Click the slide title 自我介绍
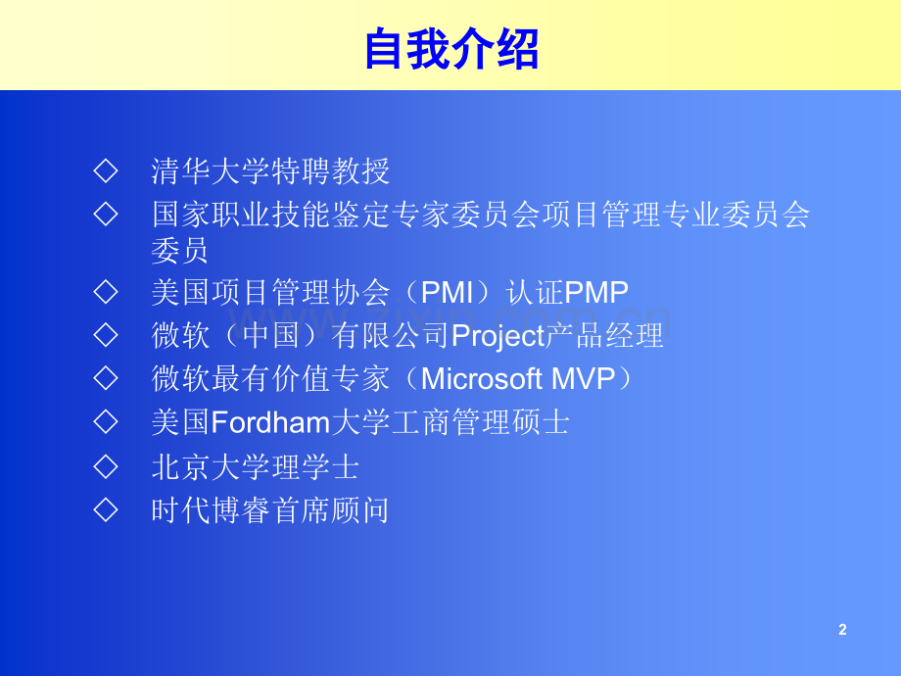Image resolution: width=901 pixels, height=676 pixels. [x=451, y=49]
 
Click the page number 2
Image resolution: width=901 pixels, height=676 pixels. [x=842, y=629]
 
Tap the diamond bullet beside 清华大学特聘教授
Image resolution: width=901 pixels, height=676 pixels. [x=106, y=170]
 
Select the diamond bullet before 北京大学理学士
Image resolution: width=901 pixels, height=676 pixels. [x=106, y=466]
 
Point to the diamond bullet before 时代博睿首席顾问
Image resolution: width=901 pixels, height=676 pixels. [x=106, y=509]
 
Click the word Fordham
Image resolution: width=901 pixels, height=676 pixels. [x=270, y=422]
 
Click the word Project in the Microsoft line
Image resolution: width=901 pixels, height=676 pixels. [x=498, y=336]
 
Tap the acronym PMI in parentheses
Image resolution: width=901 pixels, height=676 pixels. [x=447, y=292]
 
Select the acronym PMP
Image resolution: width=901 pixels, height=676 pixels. [x=596, y=292]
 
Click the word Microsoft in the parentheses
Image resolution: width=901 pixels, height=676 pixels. [x=482, y=379]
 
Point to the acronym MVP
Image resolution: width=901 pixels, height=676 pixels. [x=584, y=379]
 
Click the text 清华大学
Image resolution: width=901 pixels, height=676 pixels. [x=211, y=171]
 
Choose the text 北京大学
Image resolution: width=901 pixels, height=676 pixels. [x=211, y=466]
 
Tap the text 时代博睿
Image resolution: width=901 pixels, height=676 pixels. [x=211, y=510]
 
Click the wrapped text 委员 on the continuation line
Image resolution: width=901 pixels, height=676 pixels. [x=180, y=251]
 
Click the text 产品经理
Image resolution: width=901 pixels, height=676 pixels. [x=604, y=336]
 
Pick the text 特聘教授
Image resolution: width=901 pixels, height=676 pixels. [x=330, y=171]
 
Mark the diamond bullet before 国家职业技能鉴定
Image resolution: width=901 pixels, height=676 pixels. [x=106, y=214]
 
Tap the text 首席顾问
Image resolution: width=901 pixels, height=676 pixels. [x=330, y=510]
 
